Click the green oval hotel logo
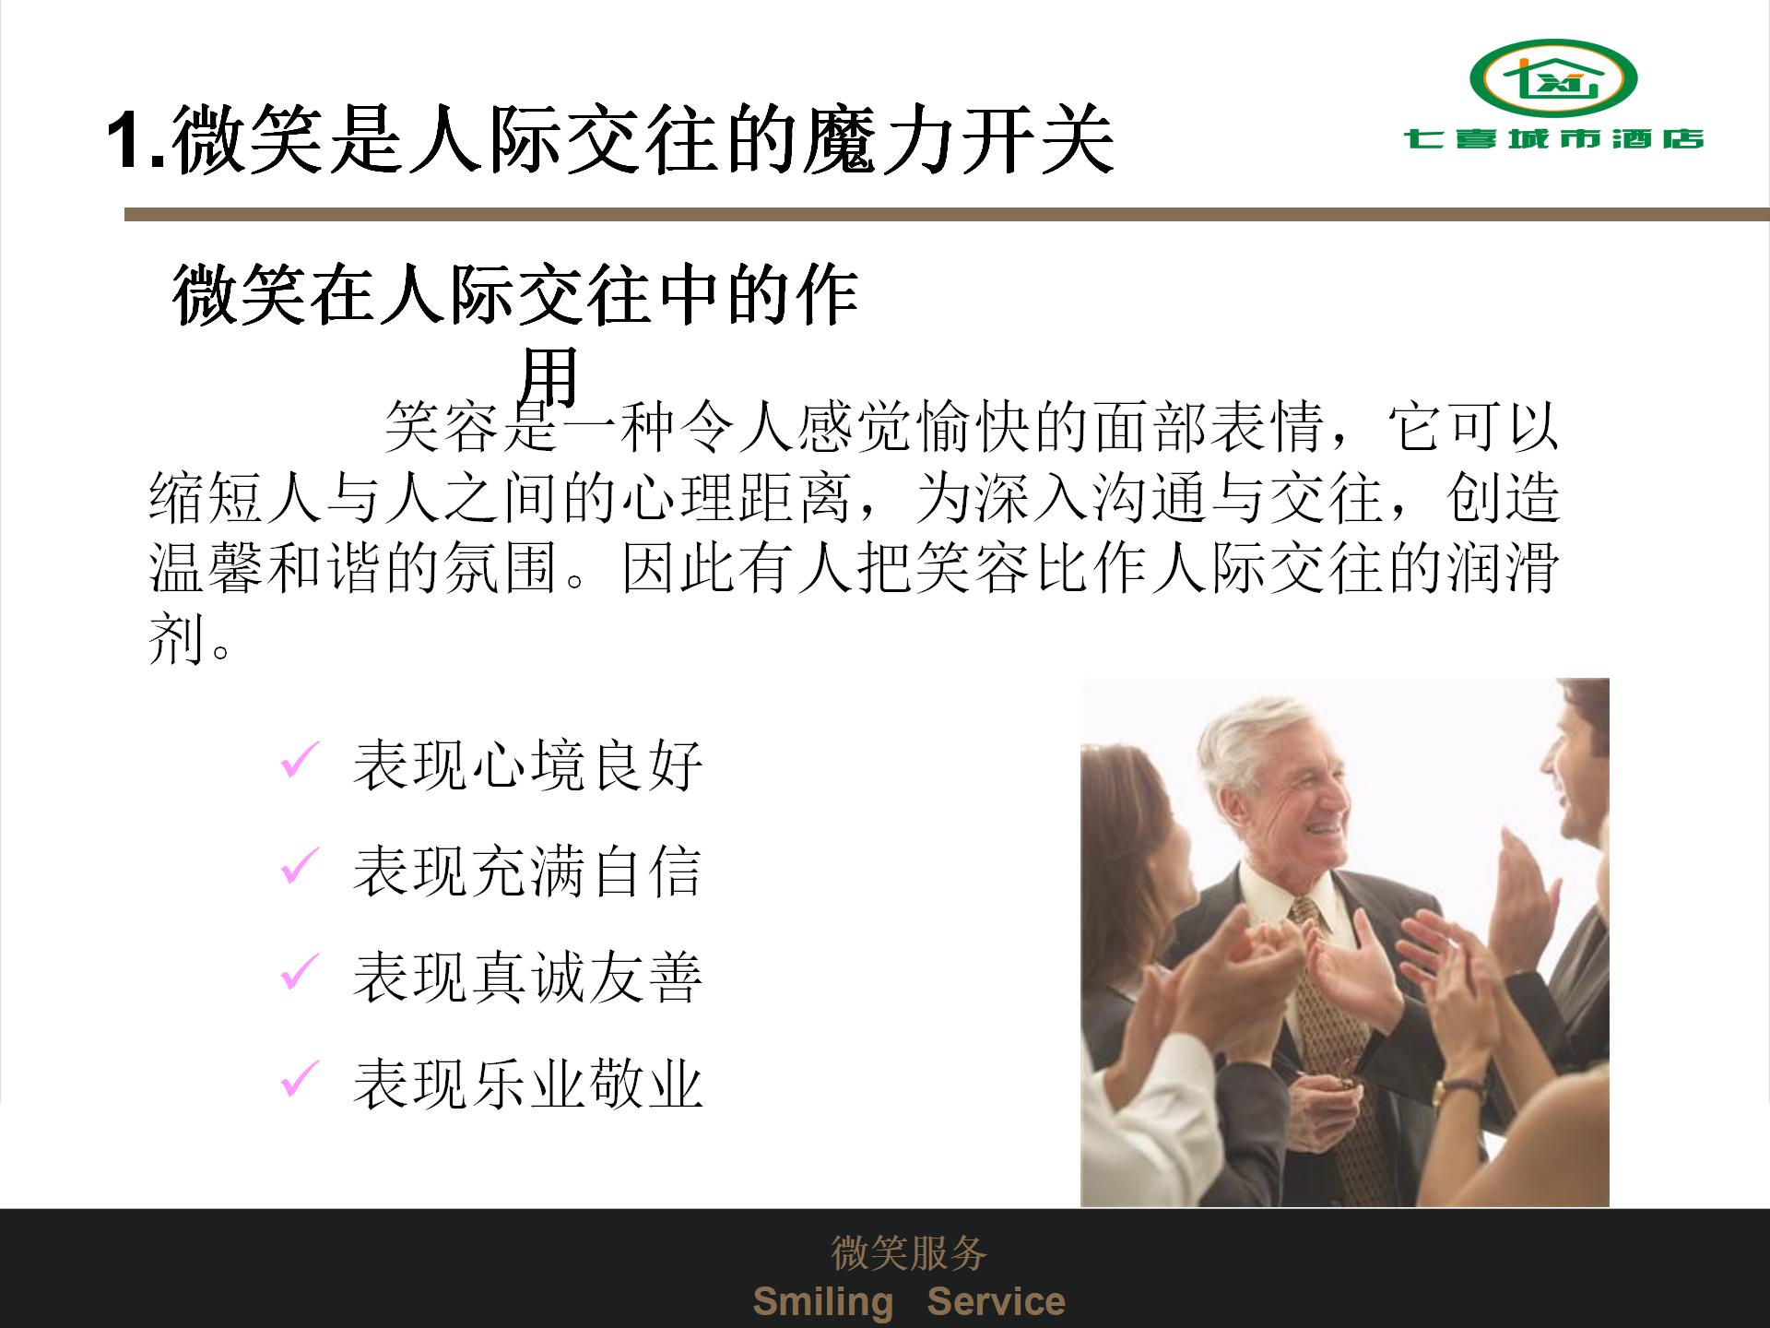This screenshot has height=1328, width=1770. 1553,78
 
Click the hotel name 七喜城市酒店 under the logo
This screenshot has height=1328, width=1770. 1554,139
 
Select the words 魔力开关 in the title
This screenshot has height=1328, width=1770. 959,140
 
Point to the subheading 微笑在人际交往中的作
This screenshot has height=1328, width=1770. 515,295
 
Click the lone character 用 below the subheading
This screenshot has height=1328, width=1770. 549,376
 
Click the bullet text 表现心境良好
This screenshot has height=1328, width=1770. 528,765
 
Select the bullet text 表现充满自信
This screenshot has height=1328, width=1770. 528,871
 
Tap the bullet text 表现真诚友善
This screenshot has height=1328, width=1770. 528,978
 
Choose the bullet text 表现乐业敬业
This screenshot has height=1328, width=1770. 528,1084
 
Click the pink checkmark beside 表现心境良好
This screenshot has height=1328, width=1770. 300,760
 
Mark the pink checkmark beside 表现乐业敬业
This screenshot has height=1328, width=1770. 300,1078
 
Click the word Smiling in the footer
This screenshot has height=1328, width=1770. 823,1301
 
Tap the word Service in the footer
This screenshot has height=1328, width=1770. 996,1301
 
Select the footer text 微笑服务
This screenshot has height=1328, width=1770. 909,1252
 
